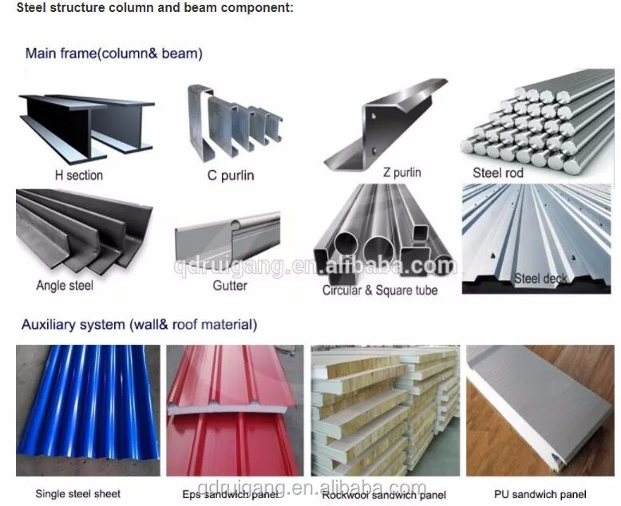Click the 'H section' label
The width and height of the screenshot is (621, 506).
coord(78,175)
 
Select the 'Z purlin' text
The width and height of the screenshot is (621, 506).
coord(401,172)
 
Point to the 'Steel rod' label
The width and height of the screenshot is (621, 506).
coord(497,172)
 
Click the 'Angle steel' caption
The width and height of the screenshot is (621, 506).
coord(65,285)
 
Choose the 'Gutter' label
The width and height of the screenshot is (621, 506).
coord(230,285)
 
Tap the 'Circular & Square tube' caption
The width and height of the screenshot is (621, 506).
coord(380,291)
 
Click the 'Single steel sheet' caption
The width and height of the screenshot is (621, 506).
coord(78,494)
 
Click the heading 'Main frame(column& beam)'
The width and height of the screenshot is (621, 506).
coord(113,54)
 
